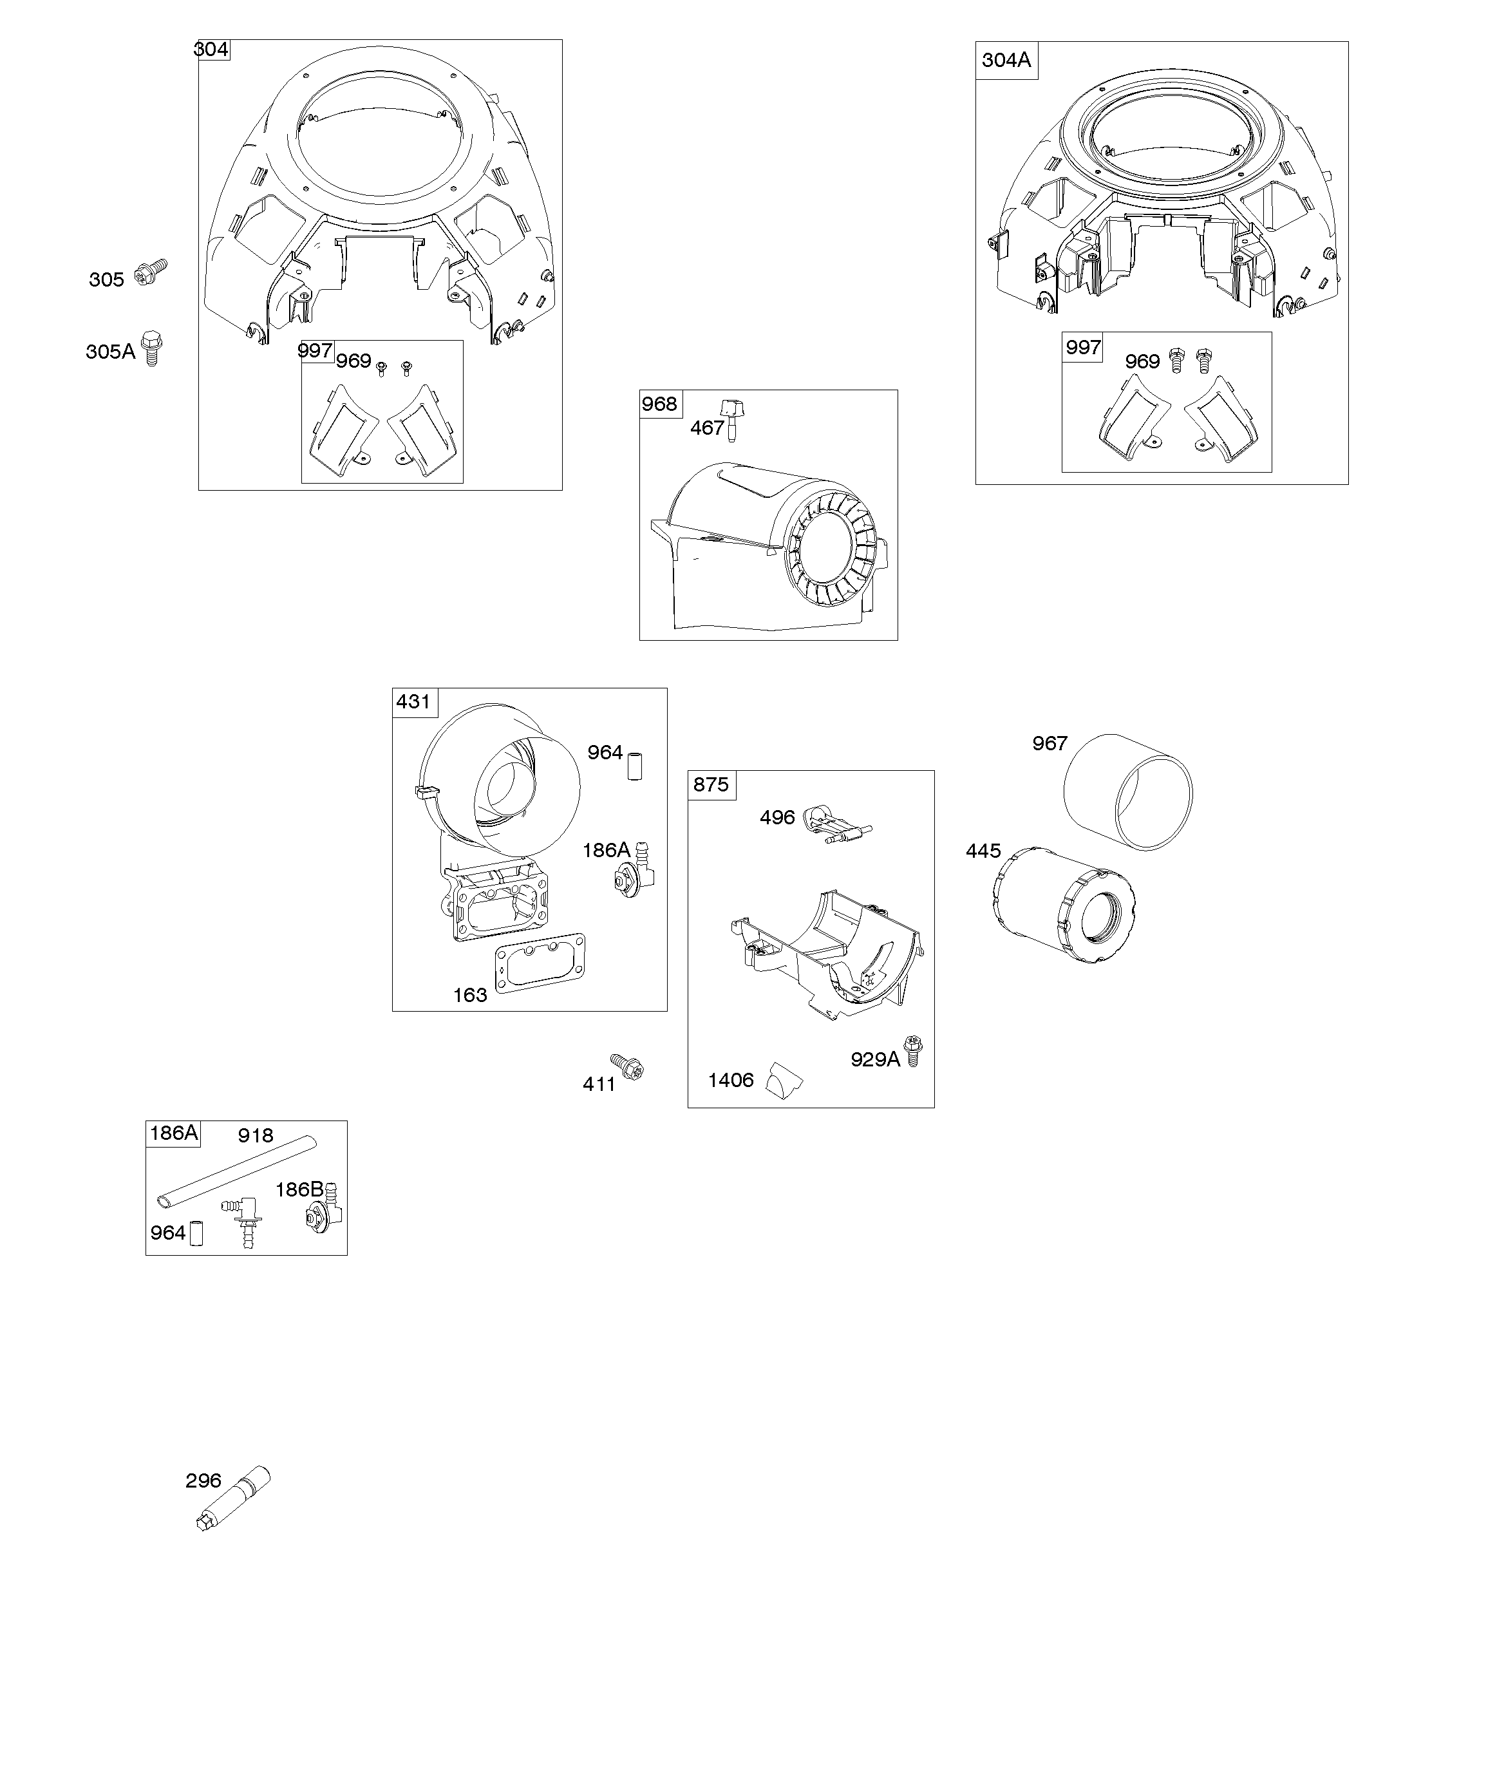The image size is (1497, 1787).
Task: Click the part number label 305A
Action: click(x=111, y=352)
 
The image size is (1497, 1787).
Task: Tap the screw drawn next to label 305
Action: click(x=151, y=272)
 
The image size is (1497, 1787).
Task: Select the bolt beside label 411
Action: click(x=627, y=1066)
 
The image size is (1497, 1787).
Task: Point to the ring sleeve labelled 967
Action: click(x=1129, y=791)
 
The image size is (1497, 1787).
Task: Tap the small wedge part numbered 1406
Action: click(x=784, y=1079)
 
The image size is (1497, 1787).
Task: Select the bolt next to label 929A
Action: click(x=913, y=1051)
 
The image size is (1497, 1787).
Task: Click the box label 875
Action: click(x=711, y=784)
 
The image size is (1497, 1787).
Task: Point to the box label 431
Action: click(x=413, y=701)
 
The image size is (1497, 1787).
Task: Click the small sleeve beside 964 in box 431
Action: click(x=635, y=766)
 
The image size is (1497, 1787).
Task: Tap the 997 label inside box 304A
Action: click(x=1084, y=346)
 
